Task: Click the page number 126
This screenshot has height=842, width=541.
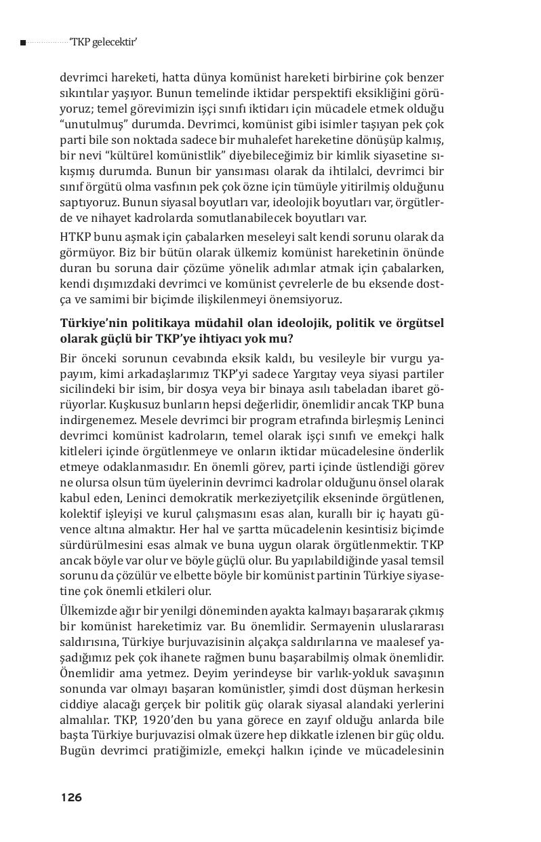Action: (71, 797)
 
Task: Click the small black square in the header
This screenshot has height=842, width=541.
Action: (23, 43)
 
